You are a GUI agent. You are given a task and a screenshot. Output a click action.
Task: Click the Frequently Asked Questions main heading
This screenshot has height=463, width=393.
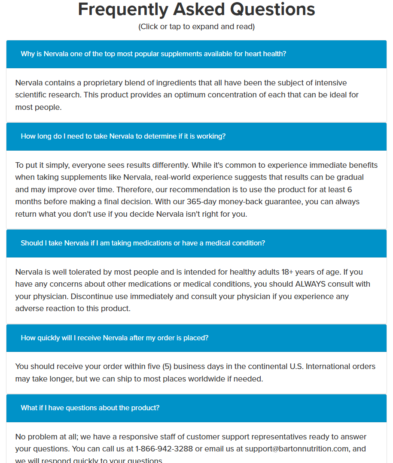pyautogui.click(x=196, y=9)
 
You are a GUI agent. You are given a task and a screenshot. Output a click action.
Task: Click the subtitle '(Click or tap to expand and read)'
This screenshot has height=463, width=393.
pyautogui.click(x=196, y=27)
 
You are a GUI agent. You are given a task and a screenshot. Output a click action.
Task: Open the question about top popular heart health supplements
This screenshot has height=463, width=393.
pyautogui.click(x=153, y=54)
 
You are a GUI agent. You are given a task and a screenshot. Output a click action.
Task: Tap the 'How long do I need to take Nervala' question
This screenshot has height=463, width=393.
pyautogui.click(x=123, y=136)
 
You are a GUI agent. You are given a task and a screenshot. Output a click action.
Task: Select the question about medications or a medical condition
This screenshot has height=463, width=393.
pyautogui.click(x=143, y=243)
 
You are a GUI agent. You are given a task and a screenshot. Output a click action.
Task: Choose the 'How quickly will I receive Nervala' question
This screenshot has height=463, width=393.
pyautogui.click(x=115, y=338)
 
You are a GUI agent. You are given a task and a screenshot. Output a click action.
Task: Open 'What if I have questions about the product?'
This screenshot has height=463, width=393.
pyautogui.click(x=90, y=408)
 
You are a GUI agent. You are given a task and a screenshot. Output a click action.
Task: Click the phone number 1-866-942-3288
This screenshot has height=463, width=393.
pyautogui.click(x=164, y=449)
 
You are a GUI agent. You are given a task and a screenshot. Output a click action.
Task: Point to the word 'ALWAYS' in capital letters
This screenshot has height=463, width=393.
pyautogui.click(x=310, y=284)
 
